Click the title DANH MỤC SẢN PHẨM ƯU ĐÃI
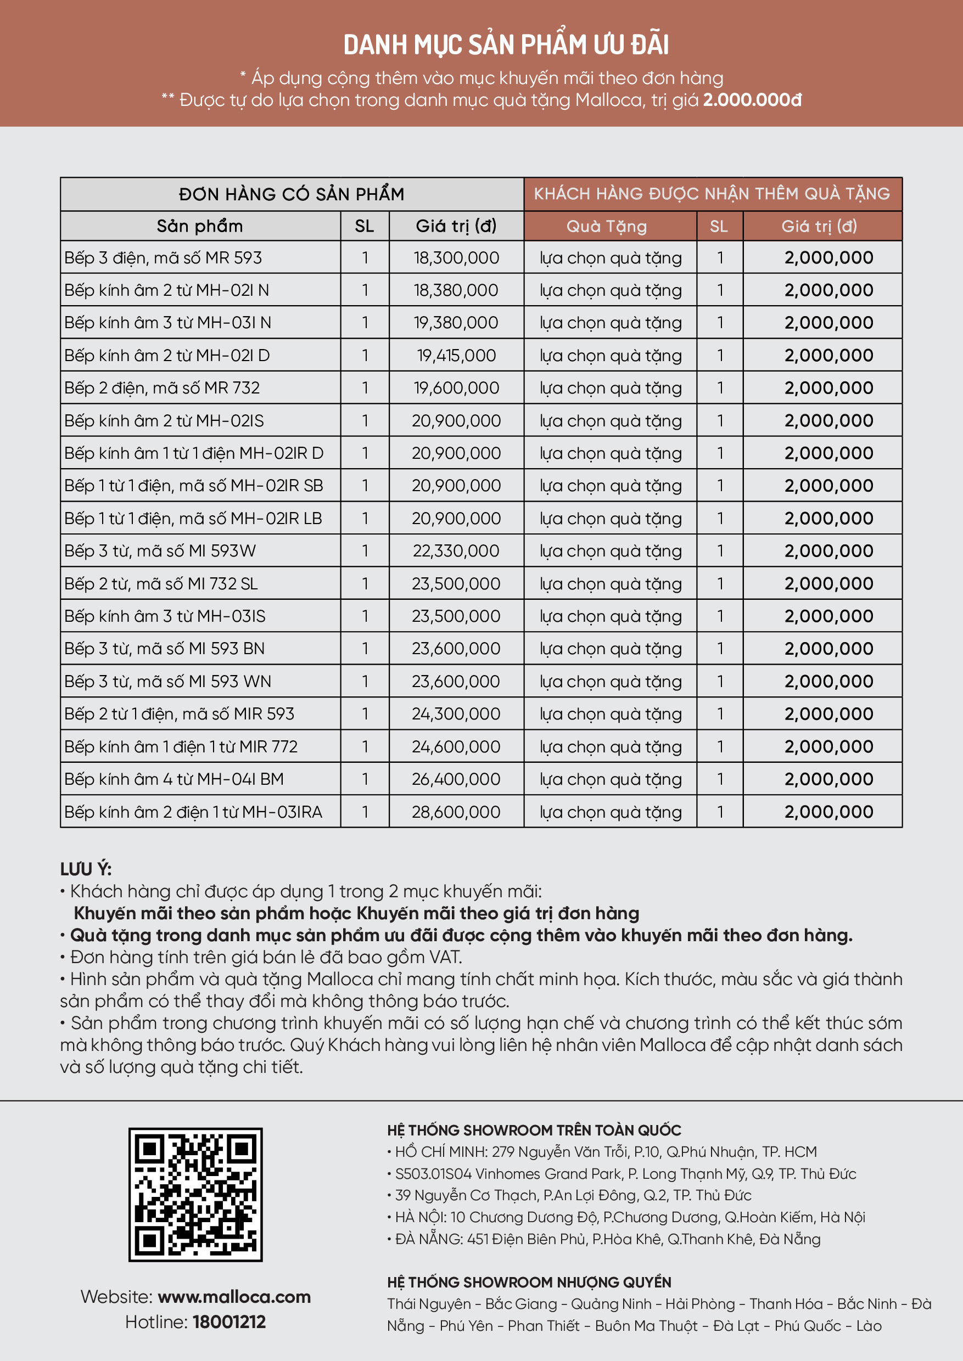click(x=506, y=45)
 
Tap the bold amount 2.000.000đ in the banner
click(x=752, y=99)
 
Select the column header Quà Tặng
click(x=606, y=227)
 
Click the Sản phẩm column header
click(x=200, y=227)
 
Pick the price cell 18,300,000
click(x=456, y=258)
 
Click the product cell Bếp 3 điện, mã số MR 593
click(x=163, y=258)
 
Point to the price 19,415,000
click(x=456, y=356)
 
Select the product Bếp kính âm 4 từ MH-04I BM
click(x=173, y=779)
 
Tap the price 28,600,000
click(x=456, y=812)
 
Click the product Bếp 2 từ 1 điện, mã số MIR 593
click(x=179, y=713)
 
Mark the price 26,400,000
click(x=456, y=779)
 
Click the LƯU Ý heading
click(x=86, y=869)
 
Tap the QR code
click(x=195, y=1194)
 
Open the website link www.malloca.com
click(x=234, y=1296)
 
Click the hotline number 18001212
click(x=229, y=1321)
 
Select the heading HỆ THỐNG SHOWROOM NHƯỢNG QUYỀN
click(x=529, y=1282)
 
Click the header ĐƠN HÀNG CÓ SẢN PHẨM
click(x=292, y=194)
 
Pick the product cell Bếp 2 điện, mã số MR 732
click(x=162, y=388)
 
